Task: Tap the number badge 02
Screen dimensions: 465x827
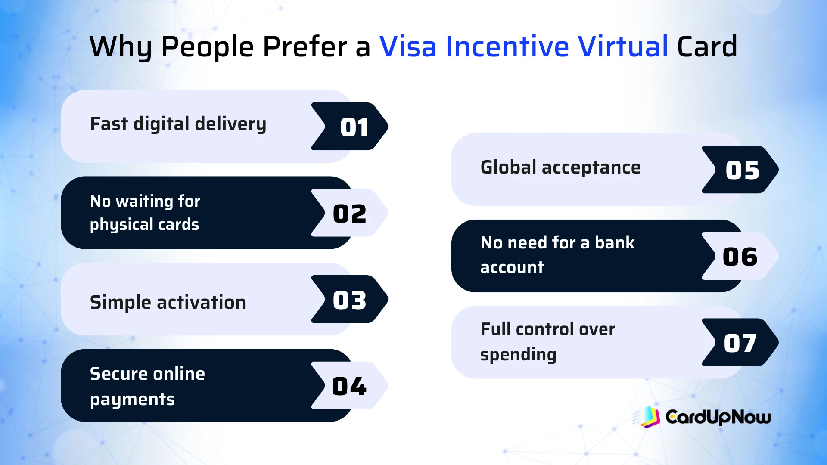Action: (350, 213)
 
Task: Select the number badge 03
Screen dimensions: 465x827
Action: (350, 300)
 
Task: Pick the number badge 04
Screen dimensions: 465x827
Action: (350, 386)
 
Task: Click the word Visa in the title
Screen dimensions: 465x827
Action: (407, 46)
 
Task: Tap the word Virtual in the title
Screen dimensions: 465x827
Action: (623, 46)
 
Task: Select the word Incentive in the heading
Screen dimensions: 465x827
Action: (507, 46)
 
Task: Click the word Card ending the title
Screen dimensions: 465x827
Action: (707, 46)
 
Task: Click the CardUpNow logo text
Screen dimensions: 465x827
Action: (718, 417)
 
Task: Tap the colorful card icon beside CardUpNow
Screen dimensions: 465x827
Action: (649, 417)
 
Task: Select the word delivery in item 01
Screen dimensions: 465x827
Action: (230, 124)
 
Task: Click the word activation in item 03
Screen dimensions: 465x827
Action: (201, 302)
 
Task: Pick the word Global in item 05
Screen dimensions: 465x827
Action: (508, 167)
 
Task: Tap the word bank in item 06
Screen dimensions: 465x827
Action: (614, 243)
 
